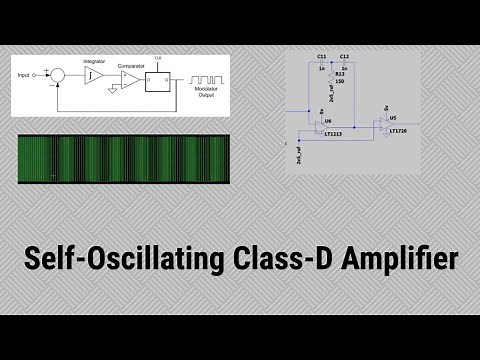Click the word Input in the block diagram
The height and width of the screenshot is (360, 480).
30,74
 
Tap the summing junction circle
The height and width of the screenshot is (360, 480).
58,74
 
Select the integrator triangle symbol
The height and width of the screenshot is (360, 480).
93,75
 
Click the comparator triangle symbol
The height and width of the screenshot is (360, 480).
128,77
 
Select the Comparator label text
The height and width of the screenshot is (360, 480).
131,64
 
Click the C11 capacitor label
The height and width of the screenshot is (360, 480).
321,57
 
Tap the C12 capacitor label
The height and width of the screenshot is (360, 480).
344,57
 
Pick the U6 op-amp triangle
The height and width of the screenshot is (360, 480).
318,124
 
